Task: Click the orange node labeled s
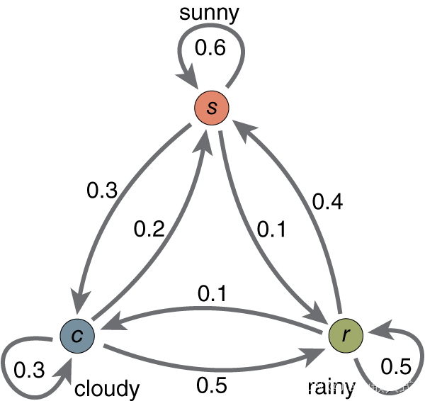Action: (x=212, y=109)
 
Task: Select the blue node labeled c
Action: (x=77, y=336)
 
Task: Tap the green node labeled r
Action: (x=346, y=335)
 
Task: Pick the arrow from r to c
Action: (x=212, y=309)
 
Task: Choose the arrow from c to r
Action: (x=212, y=368)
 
